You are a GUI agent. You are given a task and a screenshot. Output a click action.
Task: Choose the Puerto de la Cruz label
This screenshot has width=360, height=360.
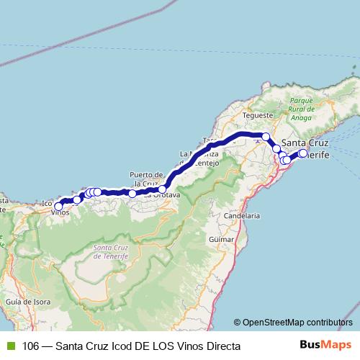click(148, 179)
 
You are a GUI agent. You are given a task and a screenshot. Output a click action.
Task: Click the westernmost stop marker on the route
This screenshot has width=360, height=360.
click(58, 206)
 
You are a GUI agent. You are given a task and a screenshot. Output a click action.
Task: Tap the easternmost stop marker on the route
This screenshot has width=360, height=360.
click(303, 153)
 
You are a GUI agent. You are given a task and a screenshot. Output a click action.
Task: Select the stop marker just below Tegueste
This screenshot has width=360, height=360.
click(266, 136)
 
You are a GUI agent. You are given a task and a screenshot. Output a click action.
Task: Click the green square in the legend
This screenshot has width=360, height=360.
click(10, 345)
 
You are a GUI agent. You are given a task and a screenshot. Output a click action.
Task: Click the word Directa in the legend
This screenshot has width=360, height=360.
click(220, 345)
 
